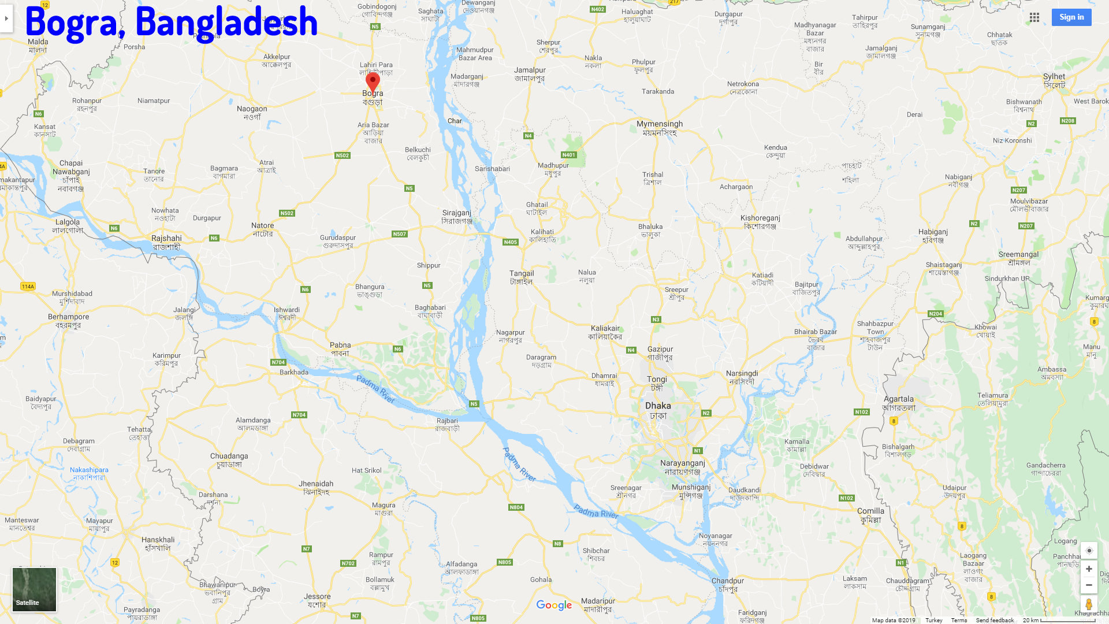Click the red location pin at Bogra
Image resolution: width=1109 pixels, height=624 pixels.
click(x=373, y=81)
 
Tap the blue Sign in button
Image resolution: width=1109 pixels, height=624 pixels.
click(x=1071, y=17)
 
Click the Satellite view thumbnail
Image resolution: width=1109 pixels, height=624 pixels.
click(x=35, y=589)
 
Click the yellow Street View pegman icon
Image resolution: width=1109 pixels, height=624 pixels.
click(x=1089, y=604)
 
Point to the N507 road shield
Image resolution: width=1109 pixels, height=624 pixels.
click(x=400, y=234)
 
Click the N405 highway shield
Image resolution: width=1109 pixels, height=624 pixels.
click(x=511, y=242)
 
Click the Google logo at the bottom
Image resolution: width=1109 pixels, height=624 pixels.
click(x=554, y=605)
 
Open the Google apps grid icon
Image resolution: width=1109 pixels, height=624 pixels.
click(x=1034, y=17)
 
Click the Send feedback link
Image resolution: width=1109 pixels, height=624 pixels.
click(x=995, y=620)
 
